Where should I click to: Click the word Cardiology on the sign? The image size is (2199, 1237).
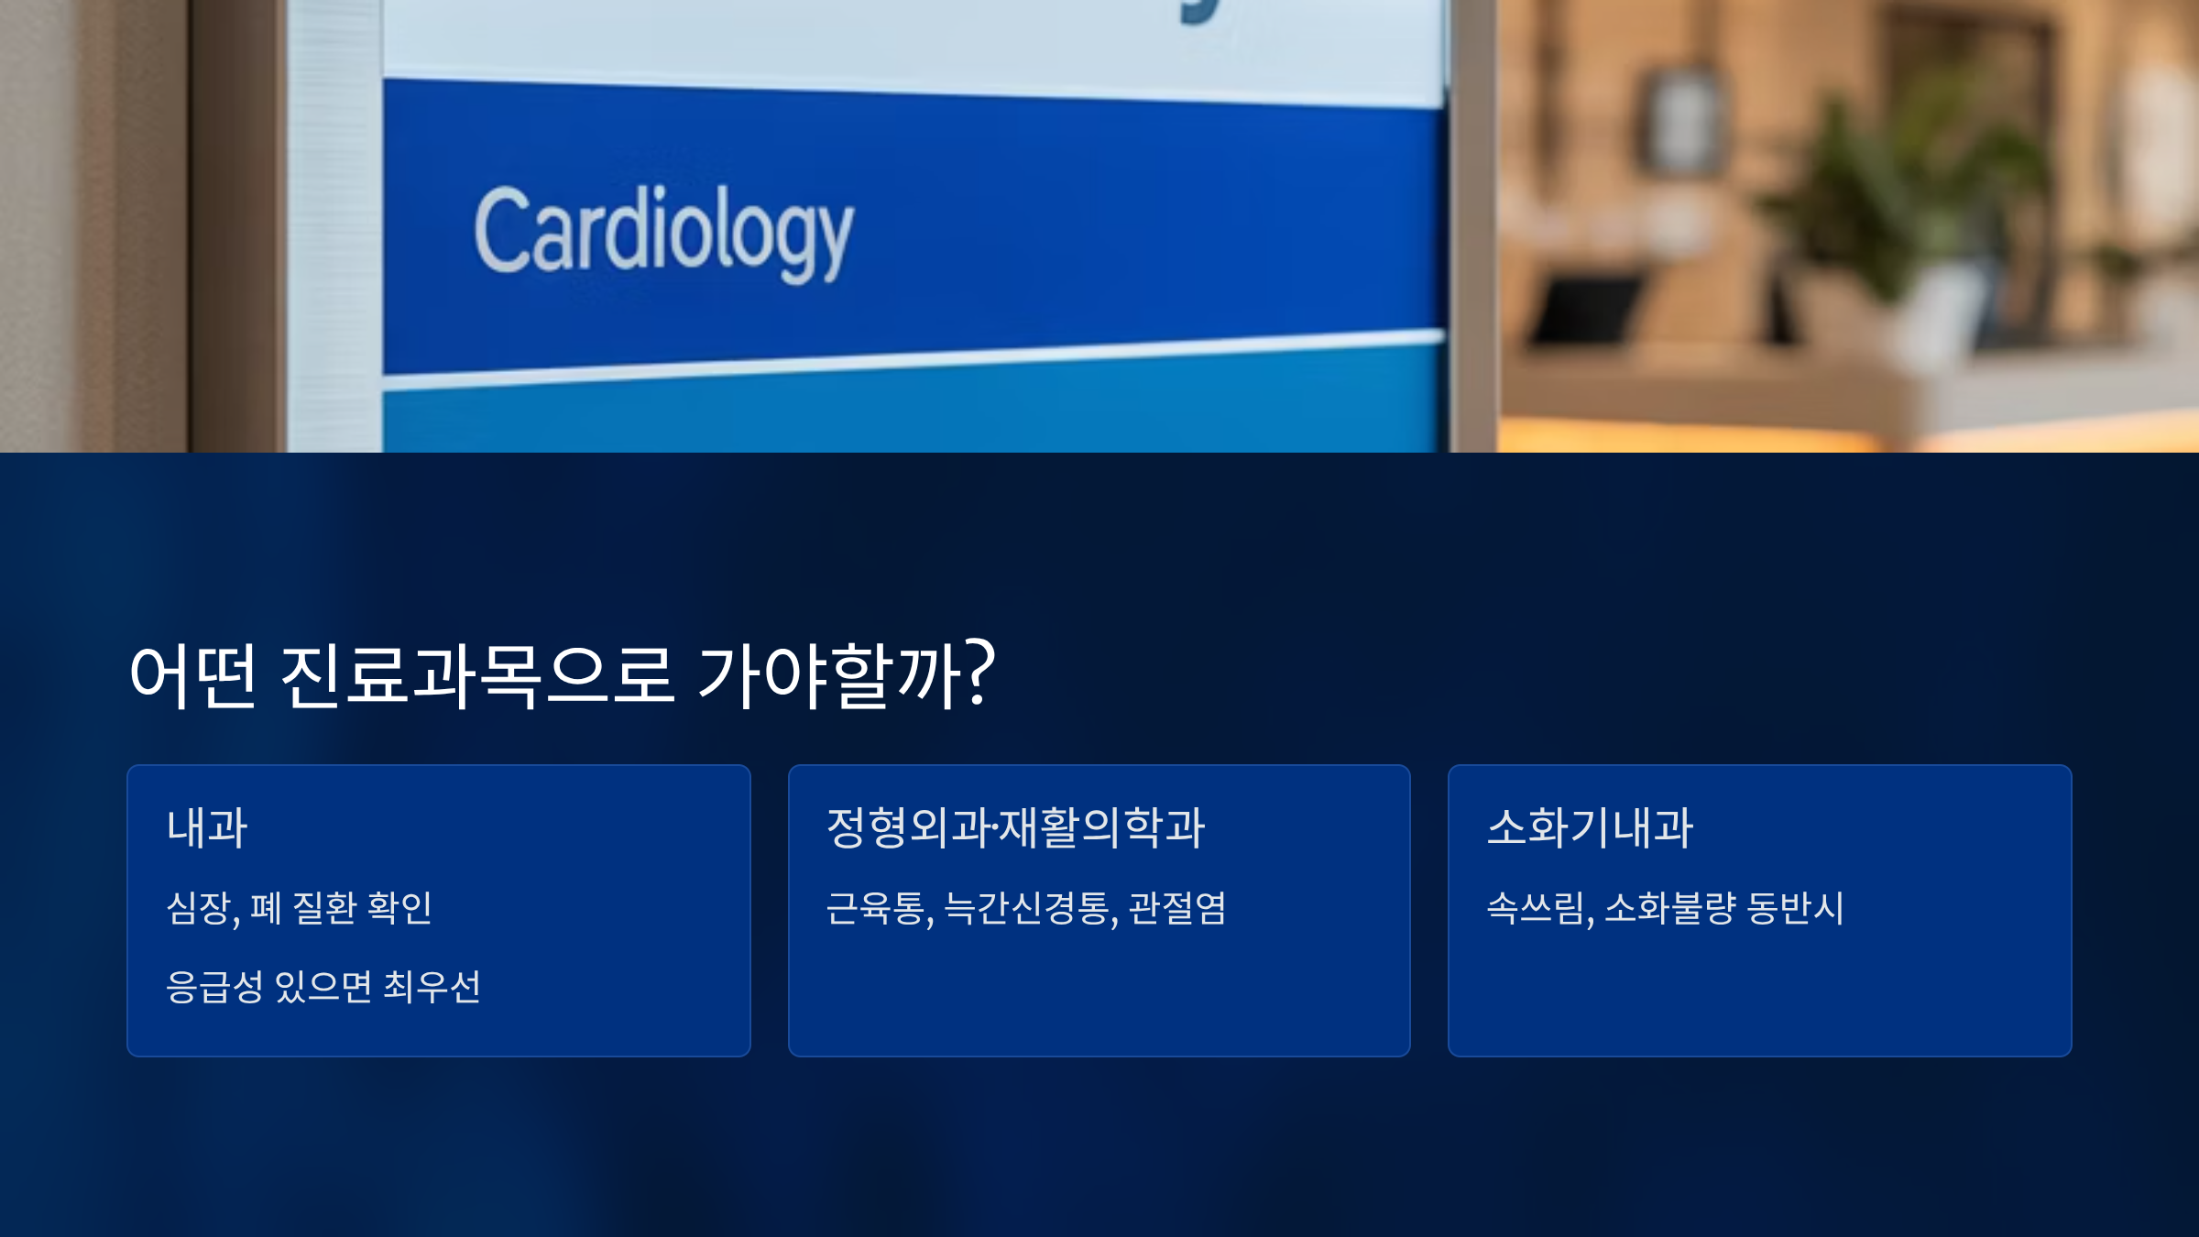(663, 231)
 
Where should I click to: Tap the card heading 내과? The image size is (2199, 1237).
(207, 827)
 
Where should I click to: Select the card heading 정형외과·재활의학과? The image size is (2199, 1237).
(1015, 827)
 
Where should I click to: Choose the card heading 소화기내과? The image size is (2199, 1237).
(1590, 827)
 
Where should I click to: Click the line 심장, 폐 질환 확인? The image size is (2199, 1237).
(299, 908)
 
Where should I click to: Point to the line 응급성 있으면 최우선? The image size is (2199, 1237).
(323, 987)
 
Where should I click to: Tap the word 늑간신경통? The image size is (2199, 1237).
(1028, 908)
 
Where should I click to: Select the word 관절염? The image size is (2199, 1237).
(1177, 908)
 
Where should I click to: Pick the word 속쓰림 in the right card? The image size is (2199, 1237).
(1537, 908)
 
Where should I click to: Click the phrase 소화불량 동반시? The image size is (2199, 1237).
(1724, 908)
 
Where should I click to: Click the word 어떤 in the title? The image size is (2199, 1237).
(192, 675)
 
